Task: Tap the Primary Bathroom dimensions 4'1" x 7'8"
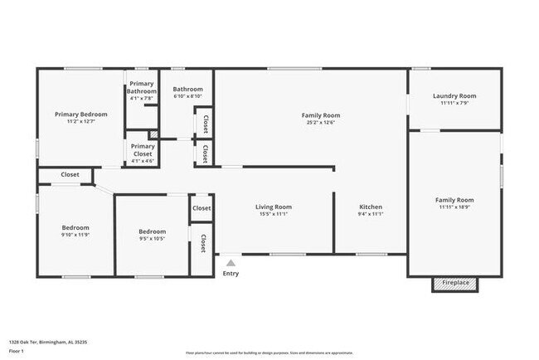pyautogui.click(x=141, y=99)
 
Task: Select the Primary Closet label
pyautogui.click(x=142, y=149)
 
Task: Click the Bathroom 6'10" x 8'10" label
pyautogui.click(x=187, y=92)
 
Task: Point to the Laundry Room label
pyautogui.click(x=454, y=95)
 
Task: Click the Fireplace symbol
pyautogui.click(x=454, y=284)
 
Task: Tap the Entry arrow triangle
pyautogui.click(x=231, y=263)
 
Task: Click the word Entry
pyautogui.click(x=231, y=274)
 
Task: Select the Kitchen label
pyautogui.click(x=371, y=207)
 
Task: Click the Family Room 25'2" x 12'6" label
pyautogui.click(x=320, y=115)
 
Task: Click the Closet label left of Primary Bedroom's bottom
pyautogui.click(x=70, y=175)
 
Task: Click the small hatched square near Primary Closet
pyautogui.click(x=153, y=135)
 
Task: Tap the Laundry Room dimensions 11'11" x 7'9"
pyautogui.click(x=454, y=103)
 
